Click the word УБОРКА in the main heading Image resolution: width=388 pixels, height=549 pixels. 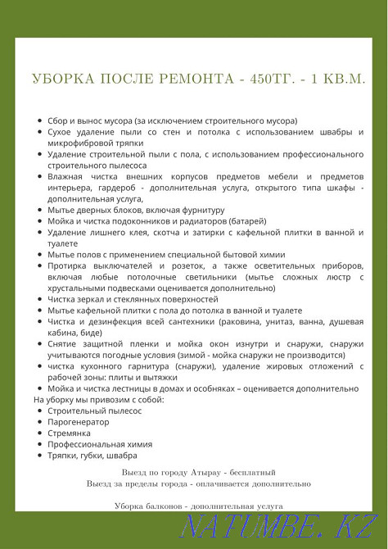61,79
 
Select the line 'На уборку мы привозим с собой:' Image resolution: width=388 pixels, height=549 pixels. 98,399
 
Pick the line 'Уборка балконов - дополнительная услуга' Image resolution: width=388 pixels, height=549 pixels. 199,507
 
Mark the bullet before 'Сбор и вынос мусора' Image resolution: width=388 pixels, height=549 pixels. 38,120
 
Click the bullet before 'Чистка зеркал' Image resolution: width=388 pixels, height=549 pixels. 38,300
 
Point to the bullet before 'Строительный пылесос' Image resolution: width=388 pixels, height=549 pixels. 38,411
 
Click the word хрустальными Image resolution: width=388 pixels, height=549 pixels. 83,288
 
